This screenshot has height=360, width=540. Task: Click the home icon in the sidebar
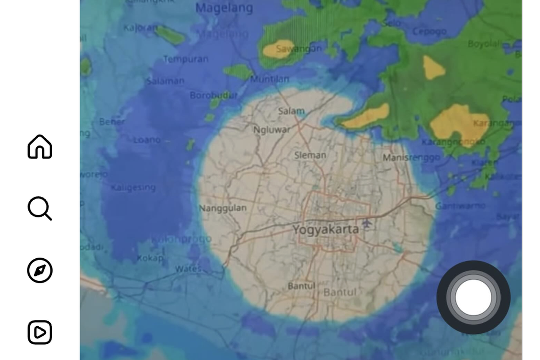click(x=40, y=147)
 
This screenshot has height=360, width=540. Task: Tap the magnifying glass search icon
click(x=40, y=208)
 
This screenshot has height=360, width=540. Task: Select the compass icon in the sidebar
click(x=40, y=270)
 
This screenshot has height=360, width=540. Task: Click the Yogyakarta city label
click(x=326, y=229)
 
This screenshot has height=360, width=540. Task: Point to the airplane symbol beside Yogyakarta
click(x=367, y=223)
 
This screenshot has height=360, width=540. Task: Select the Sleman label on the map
click(x=310, y=155)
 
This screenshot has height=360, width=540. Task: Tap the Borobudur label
click(x=213, y=95)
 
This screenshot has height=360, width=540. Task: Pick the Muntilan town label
click(x=270, y=79)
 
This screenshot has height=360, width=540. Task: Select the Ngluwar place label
click(x=271, y=130)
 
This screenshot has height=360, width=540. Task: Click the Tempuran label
click(x=185, y=59)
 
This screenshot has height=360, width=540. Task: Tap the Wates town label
click(x=188, y=269)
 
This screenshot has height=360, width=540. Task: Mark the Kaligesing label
click(x=133, y=187)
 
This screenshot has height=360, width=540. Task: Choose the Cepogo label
click(x=430, y=31)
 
